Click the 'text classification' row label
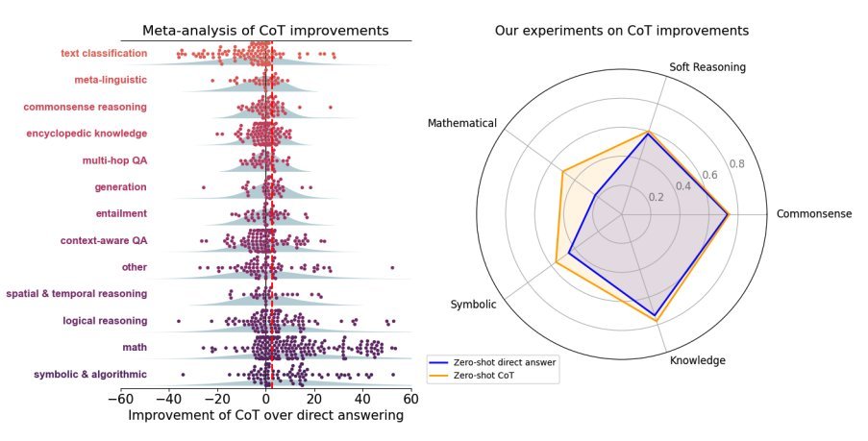point(104,53)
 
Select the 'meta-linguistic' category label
point(111,80)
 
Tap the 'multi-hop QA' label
point(114,160)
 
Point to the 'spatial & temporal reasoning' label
point(76,293)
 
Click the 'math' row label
point(136,347)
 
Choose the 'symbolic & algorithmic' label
point(90,374)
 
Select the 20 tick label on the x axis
point(314,399)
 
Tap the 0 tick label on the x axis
point(265,399)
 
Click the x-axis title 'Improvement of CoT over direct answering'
point(265,415)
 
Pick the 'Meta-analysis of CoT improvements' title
point(265,31)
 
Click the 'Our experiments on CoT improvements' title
point(622,31)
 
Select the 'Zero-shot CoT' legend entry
point(480,376)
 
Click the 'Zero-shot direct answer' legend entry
point(493,362)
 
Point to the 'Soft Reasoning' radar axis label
point(707,67)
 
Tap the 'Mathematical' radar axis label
point(462,123)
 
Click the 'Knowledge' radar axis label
point(698,360)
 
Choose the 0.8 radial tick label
point(737,163)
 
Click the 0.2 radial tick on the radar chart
point(656,197)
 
